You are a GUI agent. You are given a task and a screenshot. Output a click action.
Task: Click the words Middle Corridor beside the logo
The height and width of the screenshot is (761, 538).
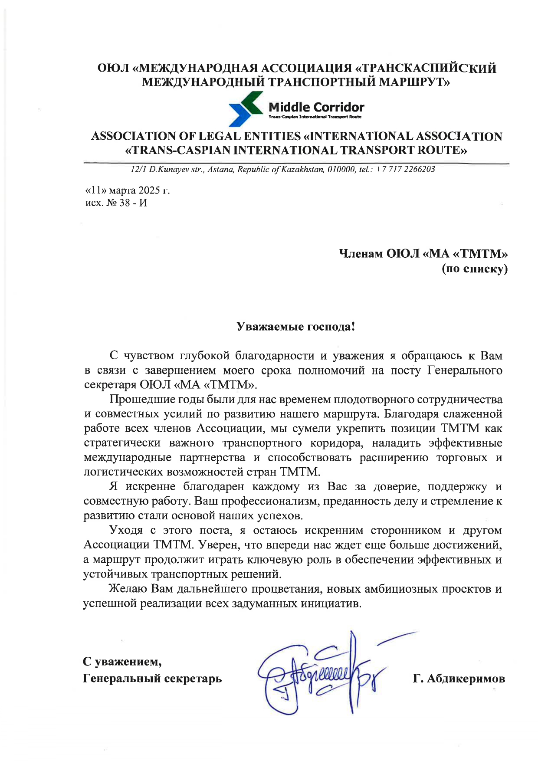coord(316,107)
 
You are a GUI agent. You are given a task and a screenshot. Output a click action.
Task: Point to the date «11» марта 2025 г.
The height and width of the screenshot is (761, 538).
coord(127,190)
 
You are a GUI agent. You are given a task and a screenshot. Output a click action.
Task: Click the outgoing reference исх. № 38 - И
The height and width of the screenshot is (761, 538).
coord(116,203)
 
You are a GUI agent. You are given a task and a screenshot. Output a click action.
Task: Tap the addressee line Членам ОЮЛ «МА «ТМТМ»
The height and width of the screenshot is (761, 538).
coord(423,253)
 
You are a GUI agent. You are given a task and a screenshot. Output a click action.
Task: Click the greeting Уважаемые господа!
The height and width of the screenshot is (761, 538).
coord(296,326)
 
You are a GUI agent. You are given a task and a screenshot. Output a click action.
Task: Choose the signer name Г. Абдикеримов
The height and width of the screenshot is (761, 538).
coord(459,679)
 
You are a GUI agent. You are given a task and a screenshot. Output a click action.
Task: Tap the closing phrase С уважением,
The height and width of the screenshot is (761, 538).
coord(122,662)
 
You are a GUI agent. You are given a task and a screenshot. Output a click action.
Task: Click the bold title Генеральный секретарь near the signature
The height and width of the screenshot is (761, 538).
coord(152,678)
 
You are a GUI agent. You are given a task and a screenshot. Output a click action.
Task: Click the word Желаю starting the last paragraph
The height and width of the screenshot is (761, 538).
coord(128,589)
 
